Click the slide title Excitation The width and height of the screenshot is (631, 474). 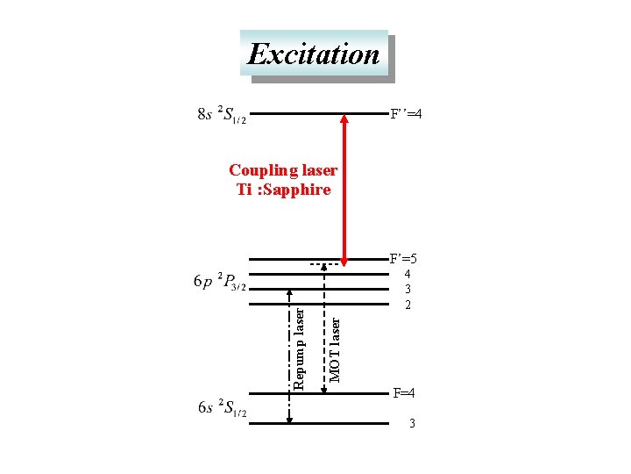[314, 54]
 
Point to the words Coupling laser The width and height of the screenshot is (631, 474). [282, 169]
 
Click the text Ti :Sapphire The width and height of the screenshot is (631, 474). [283, 190]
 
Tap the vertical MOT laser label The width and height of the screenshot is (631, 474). [335, 349]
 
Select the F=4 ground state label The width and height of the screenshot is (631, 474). [404, 392]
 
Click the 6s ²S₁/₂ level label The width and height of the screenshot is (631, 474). [222, 408]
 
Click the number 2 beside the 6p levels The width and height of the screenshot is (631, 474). [408, 305]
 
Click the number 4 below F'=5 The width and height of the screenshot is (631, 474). [408, 274]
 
